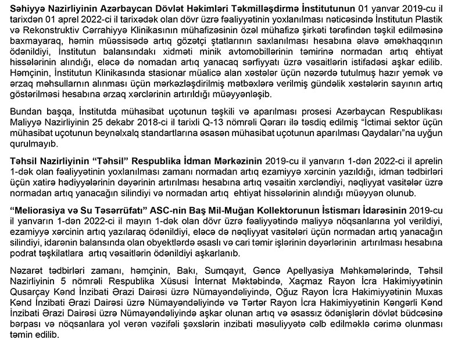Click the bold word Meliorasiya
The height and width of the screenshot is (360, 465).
tap(40, 208)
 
